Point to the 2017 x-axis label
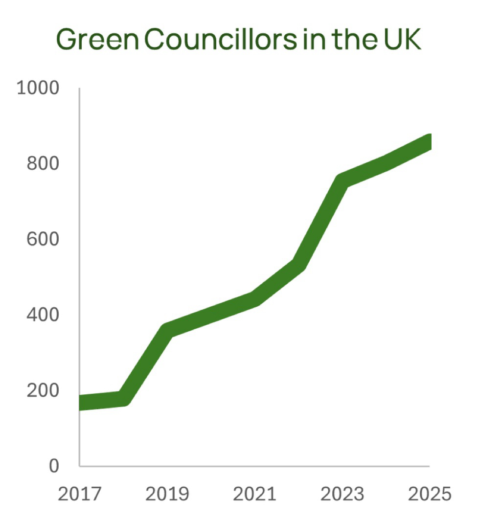click(x=80, y=494)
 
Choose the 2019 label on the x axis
click(x=167, y=494)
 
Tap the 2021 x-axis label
click(x=255, y=494)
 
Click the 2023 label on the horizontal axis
click(x=342, y=494)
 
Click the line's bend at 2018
click(x=123, y=399)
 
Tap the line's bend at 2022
click(x=299, y=264)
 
